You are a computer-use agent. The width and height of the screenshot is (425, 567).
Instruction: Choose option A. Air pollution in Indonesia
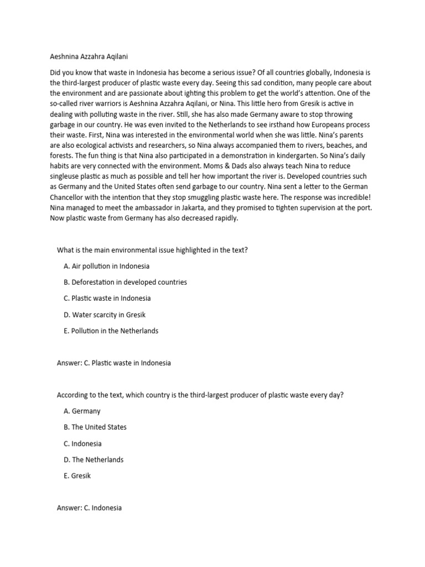(107, 266)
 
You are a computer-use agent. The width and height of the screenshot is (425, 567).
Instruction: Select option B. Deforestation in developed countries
(125, 282)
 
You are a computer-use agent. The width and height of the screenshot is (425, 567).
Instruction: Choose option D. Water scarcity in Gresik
(105, 315)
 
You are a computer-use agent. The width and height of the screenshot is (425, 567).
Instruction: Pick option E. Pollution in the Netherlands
(111, 331)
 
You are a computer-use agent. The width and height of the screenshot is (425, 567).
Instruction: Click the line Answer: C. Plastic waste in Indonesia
(113, 363)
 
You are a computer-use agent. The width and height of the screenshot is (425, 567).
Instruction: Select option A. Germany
(82, 411)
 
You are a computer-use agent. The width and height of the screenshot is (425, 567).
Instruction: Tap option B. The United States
(95, 427)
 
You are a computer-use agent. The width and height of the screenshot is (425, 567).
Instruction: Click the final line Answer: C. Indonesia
(89, 508)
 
